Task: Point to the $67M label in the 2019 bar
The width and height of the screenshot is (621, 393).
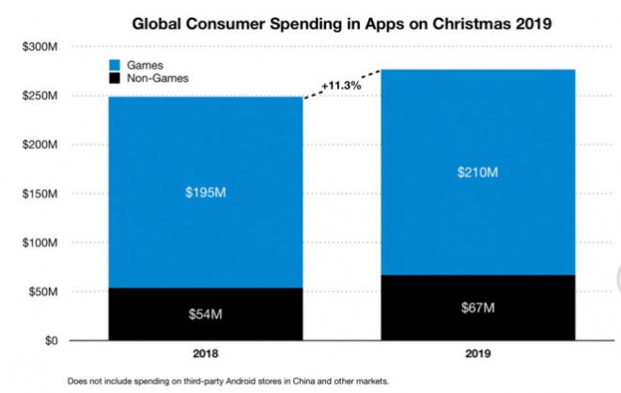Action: pyautogui.click(x=477, y=308)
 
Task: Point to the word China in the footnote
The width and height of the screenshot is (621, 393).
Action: pyautogui.click(x=281, y=381)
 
